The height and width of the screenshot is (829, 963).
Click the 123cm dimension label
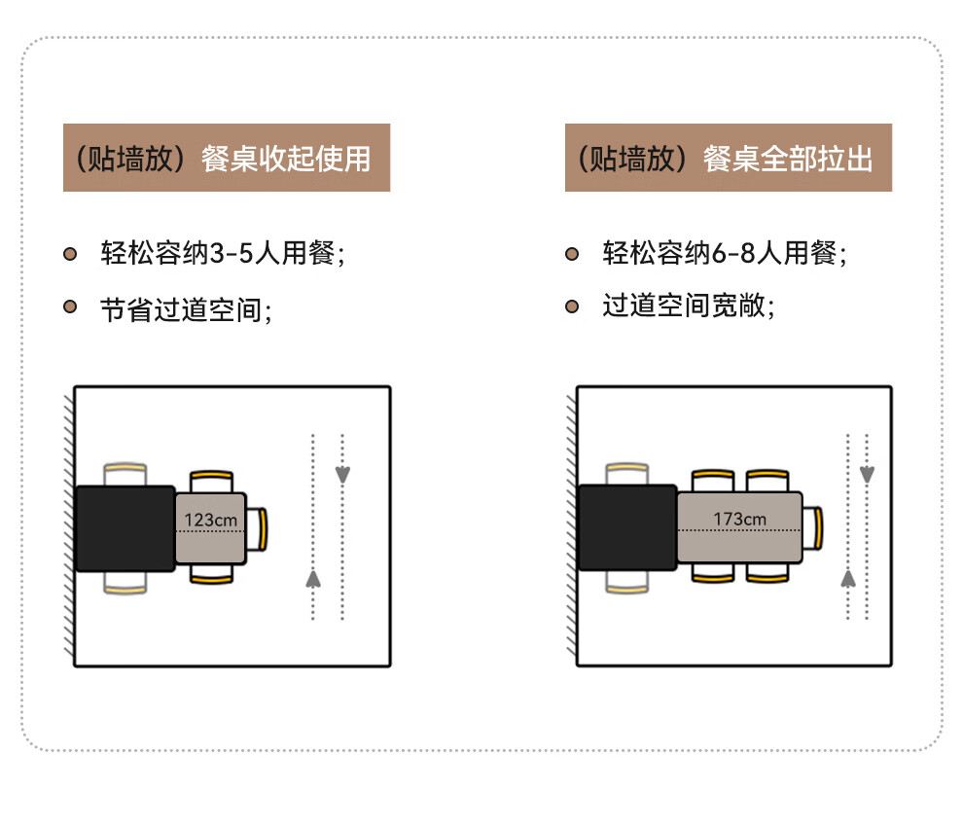211,520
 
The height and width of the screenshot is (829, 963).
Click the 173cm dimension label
739,519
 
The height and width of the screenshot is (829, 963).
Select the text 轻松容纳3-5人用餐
223,254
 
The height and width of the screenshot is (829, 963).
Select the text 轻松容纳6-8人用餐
725,254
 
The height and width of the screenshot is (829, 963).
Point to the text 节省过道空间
185,308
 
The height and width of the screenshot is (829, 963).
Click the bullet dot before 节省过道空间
70,306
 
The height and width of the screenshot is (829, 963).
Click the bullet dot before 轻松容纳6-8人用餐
572,254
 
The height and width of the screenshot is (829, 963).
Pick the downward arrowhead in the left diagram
342,474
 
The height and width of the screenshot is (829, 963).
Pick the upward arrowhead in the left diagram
313,578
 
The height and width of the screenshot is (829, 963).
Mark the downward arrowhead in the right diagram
867,474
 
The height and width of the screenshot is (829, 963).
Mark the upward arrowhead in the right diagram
847,578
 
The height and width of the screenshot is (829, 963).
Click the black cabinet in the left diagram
125,527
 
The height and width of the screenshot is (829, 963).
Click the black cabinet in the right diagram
627,527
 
